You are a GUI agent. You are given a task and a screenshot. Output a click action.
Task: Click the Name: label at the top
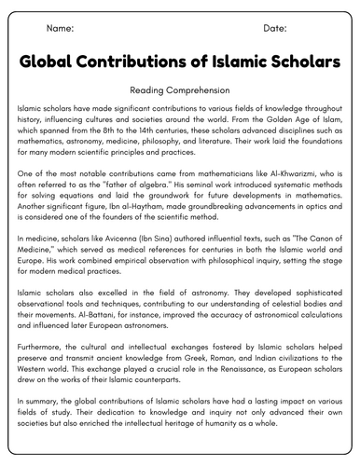tap(60, 28)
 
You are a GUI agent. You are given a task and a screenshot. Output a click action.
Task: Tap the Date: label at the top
tap(274, 28)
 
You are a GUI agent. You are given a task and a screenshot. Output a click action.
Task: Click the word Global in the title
tap(55, 63)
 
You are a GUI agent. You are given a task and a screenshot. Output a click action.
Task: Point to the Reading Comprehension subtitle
tap(180, 91)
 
